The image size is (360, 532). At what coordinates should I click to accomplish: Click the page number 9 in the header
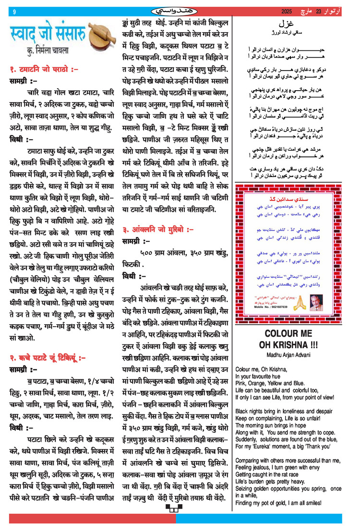pos(14,12)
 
